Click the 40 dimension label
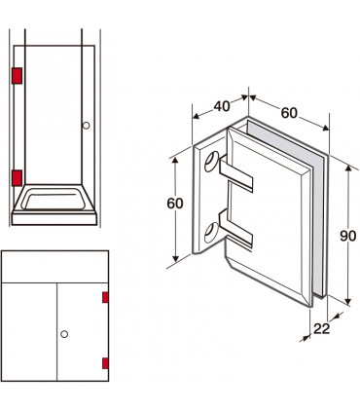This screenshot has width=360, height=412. click(222, 106)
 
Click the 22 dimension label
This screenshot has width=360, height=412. click(321, 329)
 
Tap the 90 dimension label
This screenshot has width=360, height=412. click(348, 236)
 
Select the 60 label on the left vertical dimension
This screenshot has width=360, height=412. click(175, 204)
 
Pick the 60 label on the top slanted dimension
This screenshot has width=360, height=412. click(289, 113)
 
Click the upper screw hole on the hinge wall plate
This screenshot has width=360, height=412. click(211, 162)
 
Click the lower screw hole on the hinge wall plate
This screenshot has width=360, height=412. click(211, 232)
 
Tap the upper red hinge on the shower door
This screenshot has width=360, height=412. click(17, 76)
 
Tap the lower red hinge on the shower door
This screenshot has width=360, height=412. click(17, 178)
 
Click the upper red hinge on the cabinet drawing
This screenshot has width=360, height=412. click(105, 297)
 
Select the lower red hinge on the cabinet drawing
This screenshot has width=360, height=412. click(105, 363)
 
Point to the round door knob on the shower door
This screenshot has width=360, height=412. click(86, 126)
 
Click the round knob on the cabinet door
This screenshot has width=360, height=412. click(64, 334)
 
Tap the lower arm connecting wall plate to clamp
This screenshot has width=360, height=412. click(236, 228)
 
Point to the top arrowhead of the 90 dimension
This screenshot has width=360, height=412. click(348, 169)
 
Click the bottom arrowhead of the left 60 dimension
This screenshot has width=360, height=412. click(175, 258)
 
